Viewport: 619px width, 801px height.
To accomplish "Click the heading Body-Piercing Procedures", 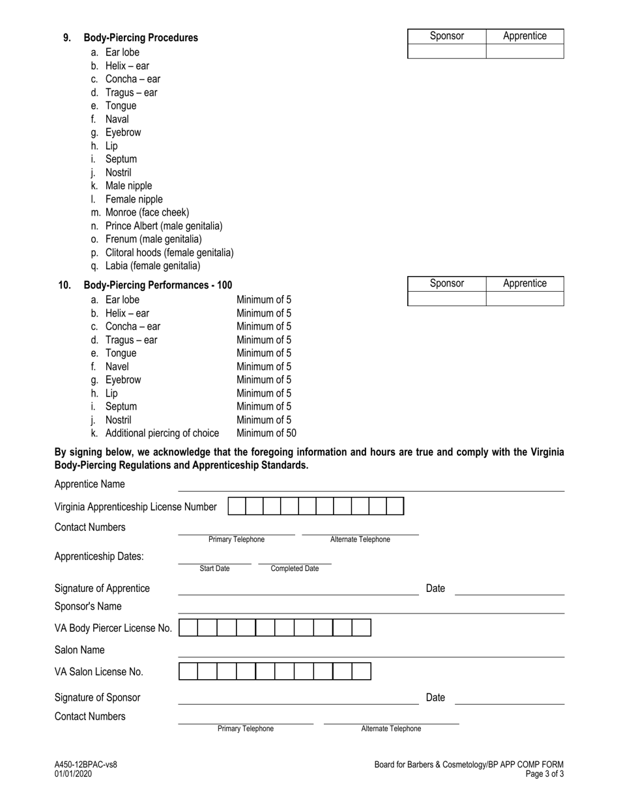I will [141, 38].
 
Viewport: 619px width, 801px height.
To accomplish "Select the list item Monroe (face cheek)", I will [147, 212].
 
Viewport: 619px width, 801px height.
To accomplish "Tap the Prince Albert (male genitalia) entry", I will [164, 226].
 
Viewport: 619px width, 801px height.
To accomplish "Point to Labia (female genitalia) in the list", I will [152, 266].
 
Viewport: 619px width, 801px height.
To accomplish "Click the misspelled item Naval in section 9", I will [117, 119].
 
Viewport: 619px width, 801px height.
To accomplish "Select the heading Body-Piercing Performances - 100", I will [158, 285].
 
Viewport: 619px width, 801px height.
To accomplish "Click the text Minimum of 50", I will [266, 433].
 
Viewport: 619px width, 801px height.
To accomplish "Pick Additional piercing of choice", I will [162, 433].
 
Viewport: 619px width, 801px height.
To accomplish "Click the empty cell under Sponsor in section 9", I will [446, 51].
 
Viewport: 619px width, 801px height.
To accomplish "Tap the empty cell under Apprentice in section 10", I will [525, 298].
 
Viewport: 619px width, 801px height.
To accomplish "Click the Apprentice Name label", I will [89, 485].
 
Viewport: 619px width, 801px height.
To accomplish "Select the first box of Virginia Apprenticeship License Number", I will [237, 507].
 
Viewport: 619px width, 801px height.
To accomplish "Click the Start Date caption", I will [214, 569].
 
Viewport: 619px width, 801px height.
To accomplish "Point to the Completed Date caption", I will [295, 569].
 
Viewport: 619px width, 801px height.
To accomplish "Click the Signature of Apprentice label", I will [102, 589].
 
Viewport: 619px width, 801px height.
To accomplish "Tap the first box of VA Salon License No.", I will [188, 671].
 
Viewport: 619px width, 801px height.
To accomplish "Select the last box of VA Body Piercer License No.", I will [362, 628].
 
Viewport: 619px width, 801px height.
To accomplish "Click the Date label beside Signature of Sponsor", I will [435, 697].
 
